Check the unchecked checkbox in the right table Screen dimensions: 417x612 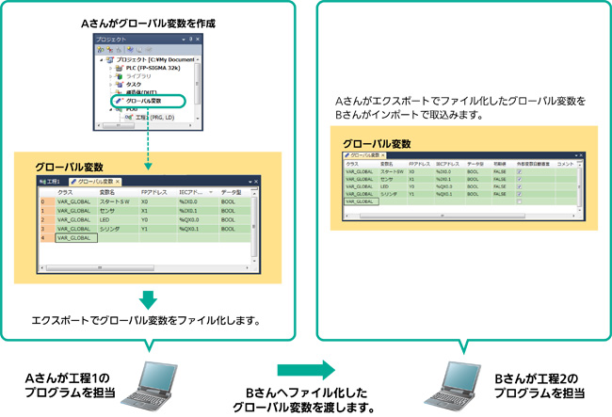tap(520, 201)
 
